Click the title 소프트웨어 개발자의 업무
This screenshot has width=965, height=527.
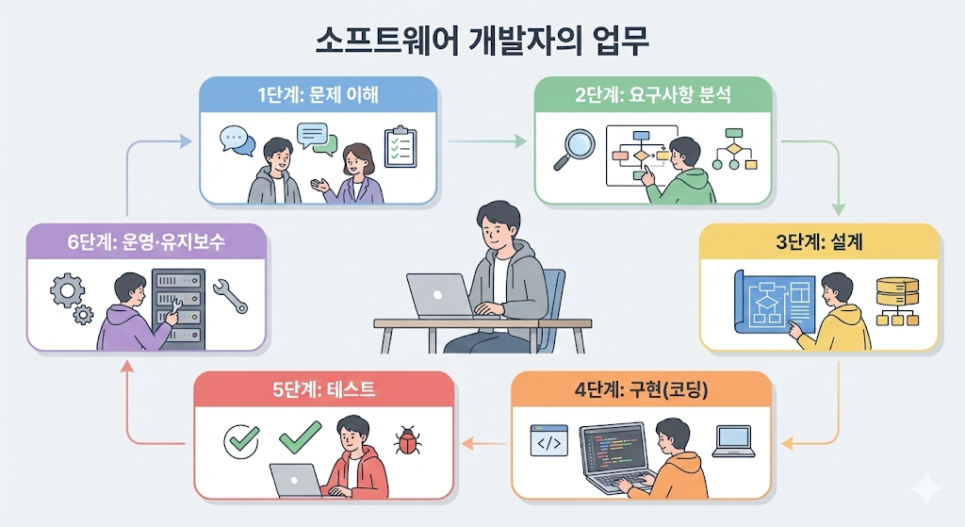pyautogui.click(x=482, y=43)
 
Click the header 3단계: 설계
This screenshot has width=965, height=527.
pyautogui.click(x=819, y=242)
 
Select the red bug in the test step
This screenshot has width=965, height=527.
pyautogui.click(x=408, y=439)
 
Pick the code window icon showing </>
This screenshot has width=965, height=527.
pyautogui.click(x=548, y=441)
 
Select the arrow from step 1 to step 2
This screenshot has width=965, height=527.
pyautogui.click(x=486, y=142)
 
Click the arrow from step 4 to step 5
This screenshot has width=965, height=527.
pyautogui.click(x=486, y=441)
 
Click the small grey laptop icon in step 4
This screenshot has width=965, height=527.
pyautogui.click(x=733, y=441)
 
